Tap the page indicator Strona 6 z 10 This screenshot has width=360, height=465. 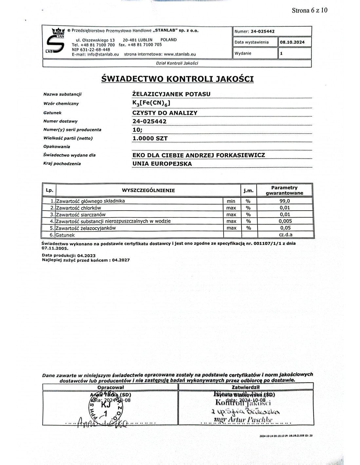click(309, 10)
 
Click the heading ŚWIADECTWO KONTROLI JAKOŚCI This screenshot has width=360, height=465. click(178, 79)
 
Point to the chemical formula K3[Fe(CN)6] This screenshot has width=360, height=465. click(151, 104)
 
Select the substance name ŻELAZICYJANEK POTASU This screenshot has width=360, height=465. click(171, 94)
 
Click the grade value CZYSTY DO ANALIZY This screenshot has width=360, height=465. click(165, 113)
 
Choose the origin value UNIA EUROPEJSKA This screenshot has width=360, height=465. click(162, 164)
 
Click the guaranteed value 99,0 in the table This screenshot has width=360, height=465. click(284, 201)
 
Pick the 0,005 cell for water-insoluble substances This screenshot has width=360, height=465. click(284, 221)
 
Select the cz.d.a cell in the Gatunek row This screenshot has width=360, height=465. click(284, 234)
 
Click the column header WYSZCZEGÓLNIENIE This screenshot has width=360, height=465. click(148, 190)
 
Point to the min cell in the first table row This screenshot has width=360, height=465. click(231, 201)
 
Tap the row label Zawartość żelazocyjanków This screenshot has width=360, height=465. click(86, 228)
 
